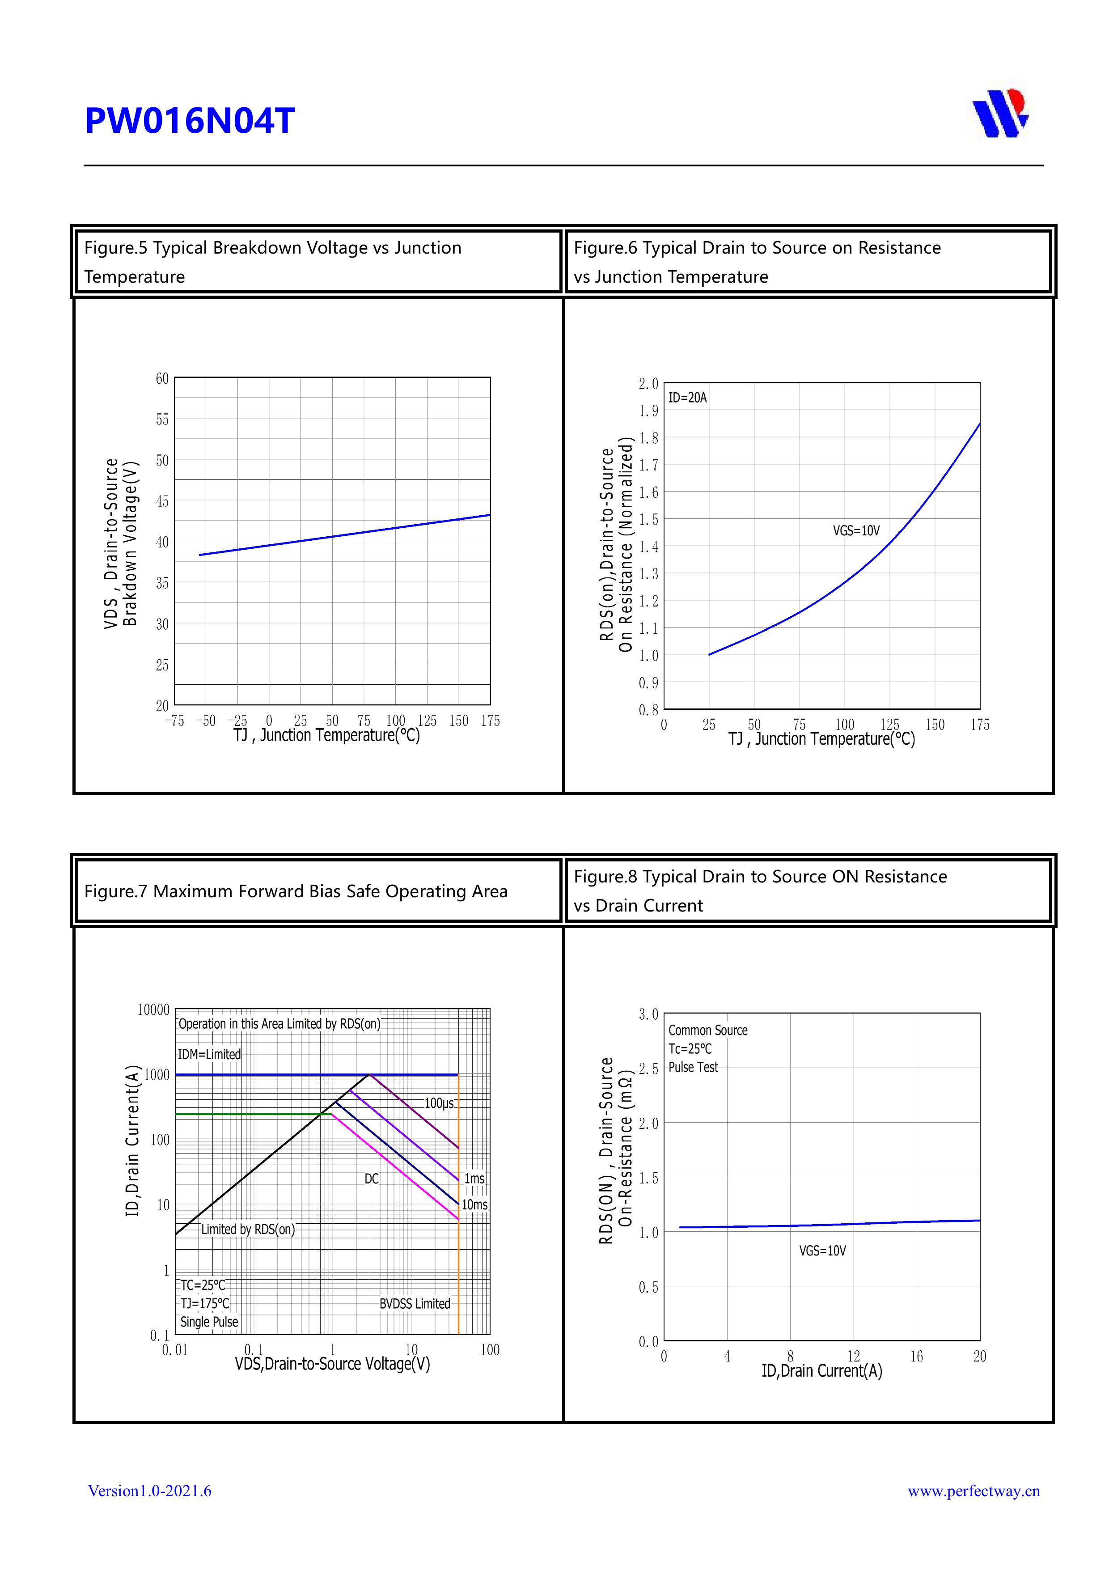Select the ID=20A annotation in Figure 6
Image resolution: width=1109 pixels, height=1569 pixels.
[x=687, y=398]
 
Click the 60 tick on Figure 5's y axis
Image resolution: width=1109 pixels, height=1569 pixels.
[x=162, y=378]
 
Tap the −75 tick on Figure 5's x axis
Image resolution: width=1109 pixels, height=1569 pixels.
[x=174, y=721]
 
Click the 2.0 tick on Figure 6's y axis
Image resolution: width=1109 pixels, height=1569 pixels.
[x=648, y=384]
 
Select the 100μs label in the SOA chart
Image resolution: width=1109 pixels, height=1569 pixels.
[x=439, y=1104]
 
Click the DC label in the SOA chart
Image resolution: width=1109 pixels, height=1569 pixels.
[x=371, y=1179]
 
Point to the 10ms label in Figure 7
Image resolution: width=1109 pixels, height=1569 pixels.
[x=474, y=1205]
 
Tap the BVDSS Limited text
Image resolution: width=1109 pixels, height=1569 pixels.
[x=415, y=1304]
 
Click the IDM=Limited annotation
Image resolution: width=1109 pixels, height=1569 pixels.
[x=209, y=1055]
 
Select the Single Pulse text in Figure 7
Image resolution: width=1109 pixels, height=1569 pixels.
[x=209, y=1322]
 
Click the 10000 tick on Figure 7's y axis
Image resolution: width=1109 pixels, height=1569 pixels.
[x=153, y=1010]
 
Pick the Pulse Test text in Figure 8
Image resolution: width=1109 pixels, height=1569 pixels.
[x=693, y=1068]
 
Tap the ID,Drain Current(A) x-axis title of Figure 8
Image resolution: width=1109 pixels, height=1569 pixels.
[x=821, y=1371]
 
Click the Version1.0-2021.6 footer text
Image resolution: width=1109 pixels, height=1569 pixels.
[x=150, y=1491]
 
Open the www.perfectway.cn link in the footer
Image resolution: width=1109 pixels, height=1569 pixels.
[x=973, y=1491]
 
